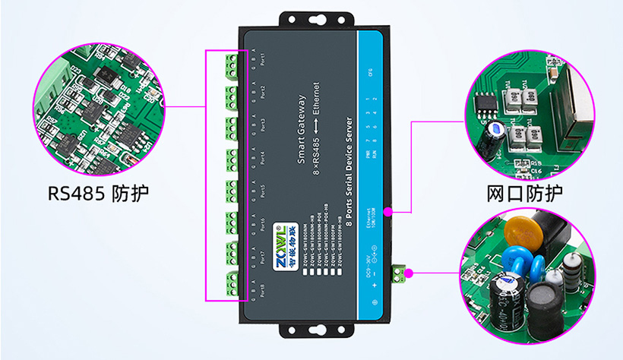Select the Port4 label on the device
click(x=262, y=156)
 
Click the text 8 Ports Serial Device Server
click(x=349, y=168)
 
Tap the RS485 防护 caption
click(x=98, y=193)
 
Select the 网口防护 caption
click(x=525, y=193)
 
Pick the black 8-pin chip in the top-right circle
click(x=484, y=103)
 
